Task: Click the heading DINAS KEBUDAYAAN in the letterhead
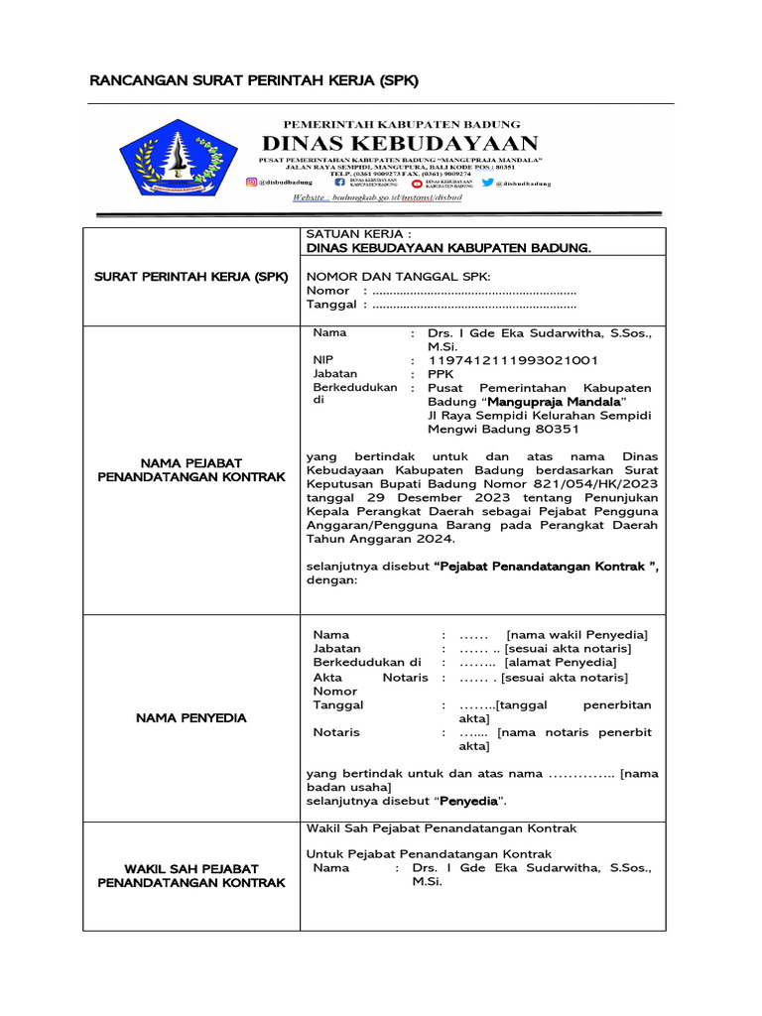pos(400,143)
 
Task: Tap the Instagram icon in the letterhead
pos(252,183)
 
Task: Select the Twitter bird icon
pos(487,183)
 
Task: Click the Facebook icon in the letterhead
pos(340,183)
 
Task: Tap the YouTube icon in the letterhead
pos(416,183)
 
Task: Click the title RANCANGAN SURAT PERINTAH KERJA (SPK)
pos(254,79)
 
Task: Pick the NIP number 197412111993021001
pos(505,360)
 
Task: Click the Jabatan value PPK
pos(440,374)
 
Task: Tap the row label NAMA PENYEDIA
pos(190,717)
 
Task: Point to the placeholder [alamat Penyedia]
pos(561,662)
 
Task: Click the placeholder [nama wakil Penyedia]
pos(576,634)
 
